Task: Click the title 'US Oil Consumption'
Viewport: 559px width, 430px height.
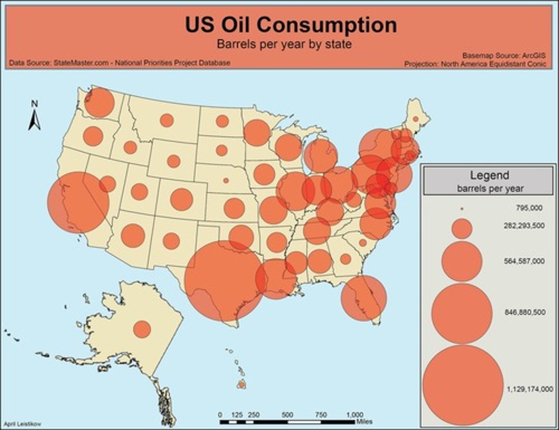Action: point(291,25)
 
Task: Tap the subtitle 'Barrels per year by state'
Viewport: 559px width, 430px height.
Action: point(284,44)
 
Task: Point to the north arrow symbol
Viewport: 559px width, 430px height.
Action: point(35,116)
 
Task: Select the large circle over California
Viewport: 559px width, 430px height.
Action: point(78,203)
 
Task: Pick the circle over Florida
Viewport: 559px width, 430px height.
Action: point(364,298)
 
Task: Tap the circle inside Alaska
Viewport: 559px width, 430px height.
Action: point(142,329)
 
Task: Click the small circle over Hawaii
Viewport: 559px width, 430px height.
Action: point(241,385)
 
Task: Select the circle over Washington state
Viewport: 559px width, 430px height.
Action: point(99,102)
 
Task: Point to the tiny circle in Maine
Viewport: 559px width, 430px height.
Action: point(415,119)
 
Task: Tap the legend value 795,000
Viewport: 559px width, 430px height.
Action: point(529,208)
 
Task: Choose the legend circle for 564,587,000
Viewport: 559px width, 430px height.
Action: point(462,261)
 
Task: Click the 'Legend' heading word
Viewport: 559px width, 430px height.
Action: point(490,175)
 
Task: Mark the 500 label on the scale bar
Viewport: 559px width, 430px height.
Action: point(287,415)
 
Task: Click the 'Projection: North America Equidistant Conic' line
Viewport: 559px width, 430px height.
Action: point(475,64)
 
